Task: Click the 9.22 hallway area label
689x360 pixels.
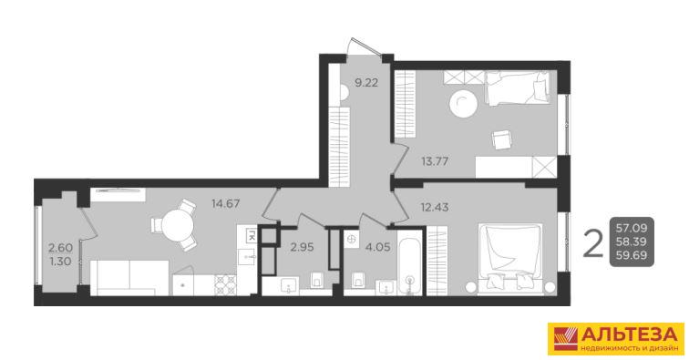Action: pyautogui.click(x=366, y=83)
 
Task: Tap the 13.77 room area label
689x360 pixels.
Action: pyautogui.click(x=435, y=161)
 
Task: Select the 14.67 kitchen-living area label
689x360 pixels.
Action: pyautogui.click(x=225, y=203)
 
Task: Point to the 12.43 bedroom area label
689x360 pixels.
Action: pyautogui.click(x=435, y=207)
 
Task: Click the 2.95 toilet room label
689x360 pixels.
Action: pyautogui.click(x=302, y=247)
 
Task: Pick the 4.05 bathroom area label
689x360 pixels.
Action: pyautogui.click(x=378, y=247)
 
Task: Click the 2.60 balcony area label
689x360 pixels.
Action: pyautogui.click(x=61, y=248)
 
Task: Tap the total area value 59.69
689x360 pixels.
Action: pyautogui.click(x=632, y=255)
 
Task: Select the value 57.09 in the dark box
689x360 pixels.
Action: pyautogui.click(x=632, y=228)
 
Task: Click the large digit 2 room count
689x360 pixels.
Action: pyautogui.click(x=592, y=244)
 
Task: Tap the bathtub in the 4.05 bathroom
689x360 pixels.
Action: pyautogui.click(x=409, y=262)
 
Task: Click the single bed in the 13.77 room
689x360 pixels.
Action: pyautogui.click(x=518, y=88)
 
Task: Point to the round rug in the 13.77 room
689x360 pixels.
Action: pyautogui.click(x=464, y=104)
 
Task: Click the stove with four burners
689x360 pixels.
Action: pyautogui.click(x=225, y=285)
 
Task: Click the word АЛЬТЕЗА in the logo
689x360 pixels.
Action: pyautogui.click(x=628, y=334)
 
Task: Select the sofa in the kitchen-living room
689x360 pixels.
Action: pyautogui.click(x=129, y=278)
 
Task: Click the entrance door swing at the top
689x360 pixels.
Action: pyautogui.click(x=364, y=46)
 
